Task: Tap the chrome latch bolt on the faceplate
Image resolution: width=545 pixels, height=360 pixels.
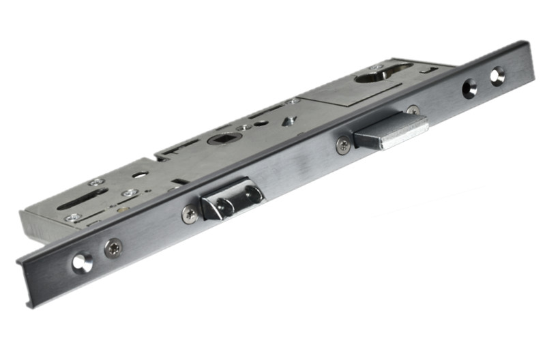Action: tap(229, 200)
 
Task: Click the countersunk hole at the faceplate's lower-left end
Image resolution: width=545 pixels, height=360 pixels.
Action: tap(82, 262)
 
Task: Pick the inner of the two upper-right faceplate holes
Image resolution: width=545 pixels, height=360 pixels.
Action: tap(469, 87)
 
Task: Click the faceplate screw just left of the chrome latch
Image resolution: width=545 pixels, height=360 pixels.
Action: tap(190, 214)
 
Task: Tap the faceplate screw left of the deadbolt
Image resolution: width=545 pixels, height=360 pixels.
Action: tap(343, 144)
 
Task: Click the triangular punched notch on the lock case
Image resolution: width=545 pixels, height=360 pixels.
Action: tap(290, 121)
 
